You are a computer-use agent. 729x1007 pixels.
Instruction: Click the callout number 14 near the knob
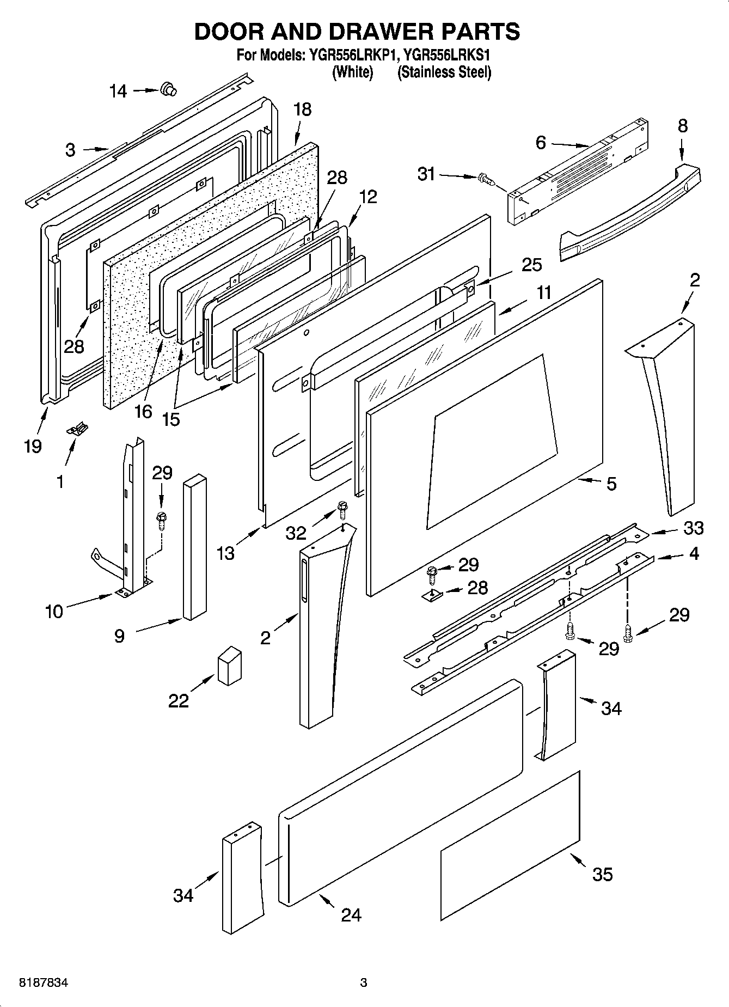118,91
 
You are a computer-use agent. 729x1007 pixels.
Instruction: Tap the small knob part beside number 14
168,88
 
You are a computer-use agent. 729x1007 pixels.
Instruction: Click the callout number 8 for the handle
683,126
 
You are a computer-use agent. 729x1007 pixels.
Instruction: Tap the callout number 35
602,875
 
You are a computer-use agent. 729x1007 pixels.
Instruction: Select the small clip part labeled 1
77,430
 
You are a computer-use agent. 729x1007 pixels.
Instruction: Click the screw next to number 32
342,509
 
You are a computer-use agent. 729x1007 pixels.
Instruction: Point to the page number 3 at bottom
364,984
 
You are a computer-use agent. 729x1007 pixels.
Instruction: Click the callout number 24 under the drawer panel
351,914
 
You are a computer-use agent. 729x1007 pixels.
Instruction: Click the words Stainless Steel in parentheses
444,72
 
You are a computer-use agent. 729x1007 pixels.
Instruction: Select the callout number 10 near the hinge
54,611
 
